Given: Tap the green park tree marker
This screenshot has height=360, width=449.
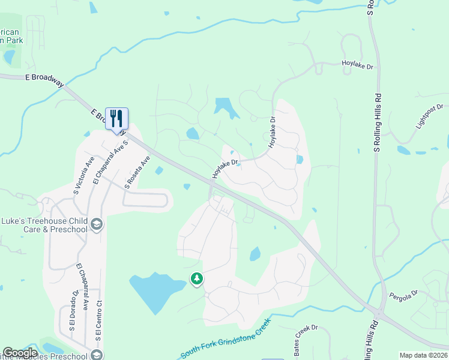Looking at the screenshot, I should click(196, 279).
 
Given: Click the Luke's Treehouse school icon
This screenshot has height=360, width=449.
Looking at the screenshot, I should click(96, 224).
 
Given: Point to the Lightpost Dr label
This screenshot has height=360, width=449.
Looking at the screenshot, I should click(432, 118).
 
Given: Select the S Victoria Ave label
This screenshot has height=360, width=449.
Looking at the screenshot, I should click(83, 176).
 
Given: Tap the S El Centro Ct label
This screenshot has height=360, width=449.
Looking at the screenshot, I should click(99, 324).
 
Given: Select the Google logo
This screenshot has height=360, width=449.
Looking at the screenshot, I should click(20, 353).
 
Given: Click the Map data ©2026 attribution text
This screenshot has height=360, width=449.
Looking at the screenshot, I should click(424, 355).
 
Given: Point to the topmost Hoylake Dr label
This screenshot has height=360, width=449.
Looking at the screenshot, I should click(357, 62).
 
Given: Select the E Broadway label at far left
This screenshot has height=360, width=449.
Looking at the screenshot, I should click(44, 78).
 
